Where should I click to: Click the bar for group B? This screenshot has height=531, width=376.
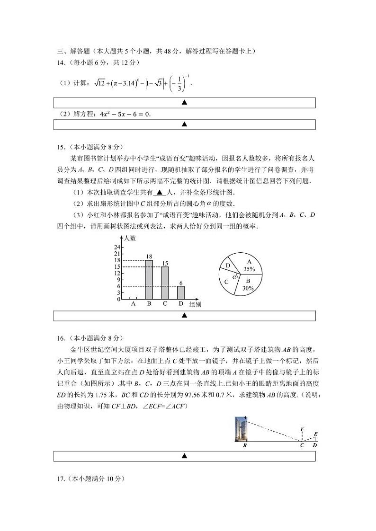click(149, 280)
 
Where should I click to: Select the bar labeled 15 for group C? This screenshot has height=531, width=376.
click(165, 283)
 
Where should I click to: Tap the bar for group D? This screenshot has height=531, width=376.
click(181, 293)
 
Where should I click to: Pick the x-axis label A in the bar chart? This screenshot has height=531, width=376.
click(133, 304)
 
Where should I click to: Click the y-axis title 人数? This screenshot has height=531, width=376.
click(130, 239)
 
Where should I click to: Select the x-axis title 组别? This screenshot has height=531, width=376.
click(195, 304)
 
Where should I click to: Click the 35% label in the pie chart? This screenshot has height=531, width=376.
click(249, 269)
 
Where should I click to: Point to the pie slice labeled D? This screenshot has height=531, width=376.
click(228, 265)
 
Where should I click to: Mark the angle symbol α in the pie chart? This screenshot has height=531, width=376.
click(234, 276)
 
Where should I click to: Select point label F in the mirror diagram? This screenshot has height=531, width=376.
click(302, 430)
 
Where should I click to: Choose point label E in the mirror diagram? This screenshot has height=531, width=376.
click(316, 434)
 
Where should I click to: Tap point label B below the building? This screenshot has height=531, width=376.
click(244, 445)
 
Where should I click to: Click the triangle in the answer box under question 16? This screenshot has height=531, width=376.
click(184, 456)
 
